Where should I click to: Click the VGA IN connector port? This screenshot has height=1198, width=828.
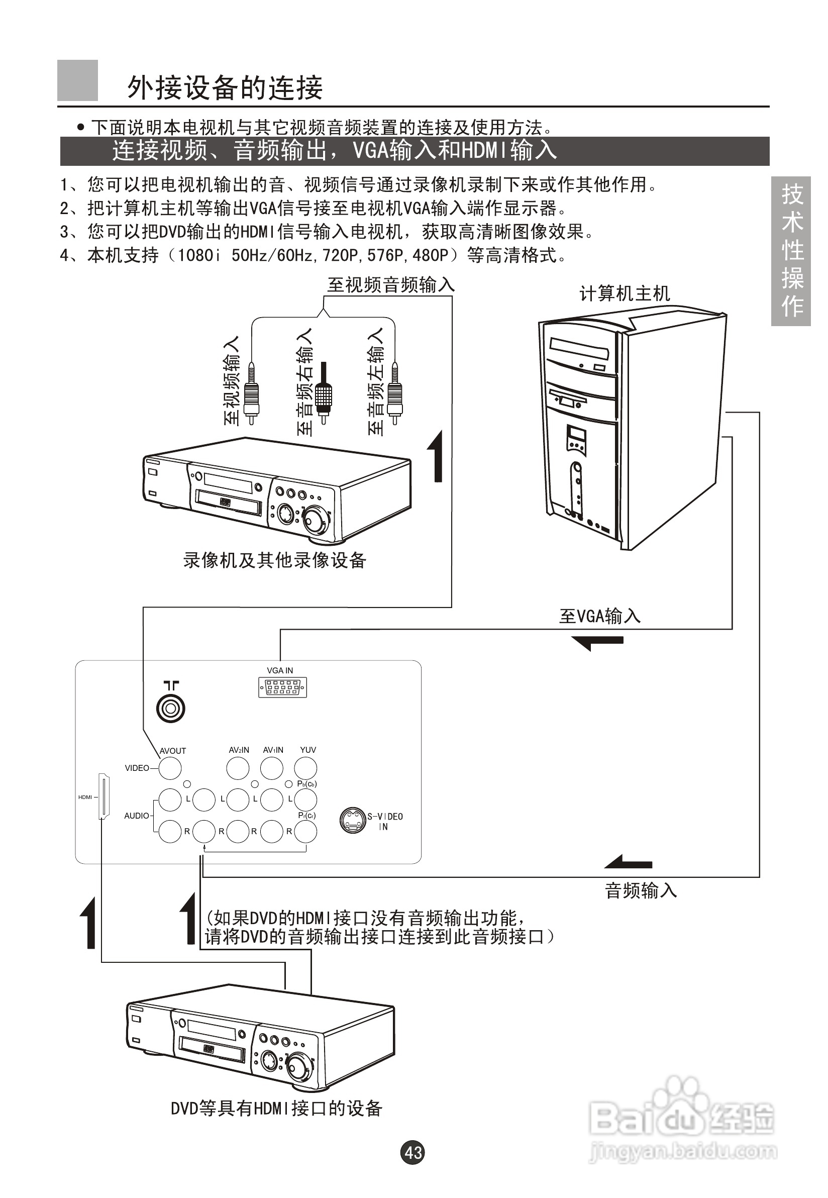click(x=282, y=687)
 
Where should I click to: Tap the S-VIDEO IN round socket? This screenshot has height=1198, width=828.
click(x=353, y=820)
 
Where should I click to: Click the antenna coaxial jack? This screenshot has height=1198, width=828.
click(x=171, y=708)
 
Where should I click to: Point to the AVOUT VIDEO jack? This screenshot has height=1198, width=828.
click(x=170, y=768)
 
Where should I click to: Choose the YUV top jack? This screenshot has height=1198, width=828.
click(x=305, y=768)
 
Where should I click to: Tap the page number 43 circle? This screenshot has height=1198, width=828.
click(x=413, y=1152)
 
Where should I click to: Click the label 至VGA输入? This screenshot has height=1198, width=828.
click(x=600, y=617)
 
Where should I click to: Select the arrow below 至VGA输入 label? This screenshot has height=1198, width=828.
click(x=596, y=642)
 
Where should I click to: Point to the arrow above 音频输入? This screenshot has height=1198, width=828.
click(x=628, y=862)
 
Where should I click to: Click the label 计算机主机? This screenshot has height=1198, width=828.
click(x=625, y=294)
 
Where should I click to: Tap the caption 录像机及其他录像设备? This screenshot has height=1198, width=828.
click(x=275, y=560)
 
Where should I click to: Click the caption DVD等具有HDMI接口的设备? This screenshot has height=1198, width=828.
click(x=276, y=1109)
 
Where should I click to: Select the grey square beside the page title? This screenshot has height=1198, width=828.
click(x=77, y=80)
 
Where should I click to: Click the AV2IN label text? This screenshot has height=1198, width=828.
click(x=239, y=750)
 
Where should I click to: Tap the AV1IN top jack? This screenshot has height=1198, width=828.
click(x=272, y=768)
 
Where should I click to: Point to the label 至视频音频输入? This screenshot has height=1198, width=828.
click(x=391, y=285)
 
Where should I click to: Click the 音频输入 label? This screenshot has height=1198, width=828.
click(x=641, y=891)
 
